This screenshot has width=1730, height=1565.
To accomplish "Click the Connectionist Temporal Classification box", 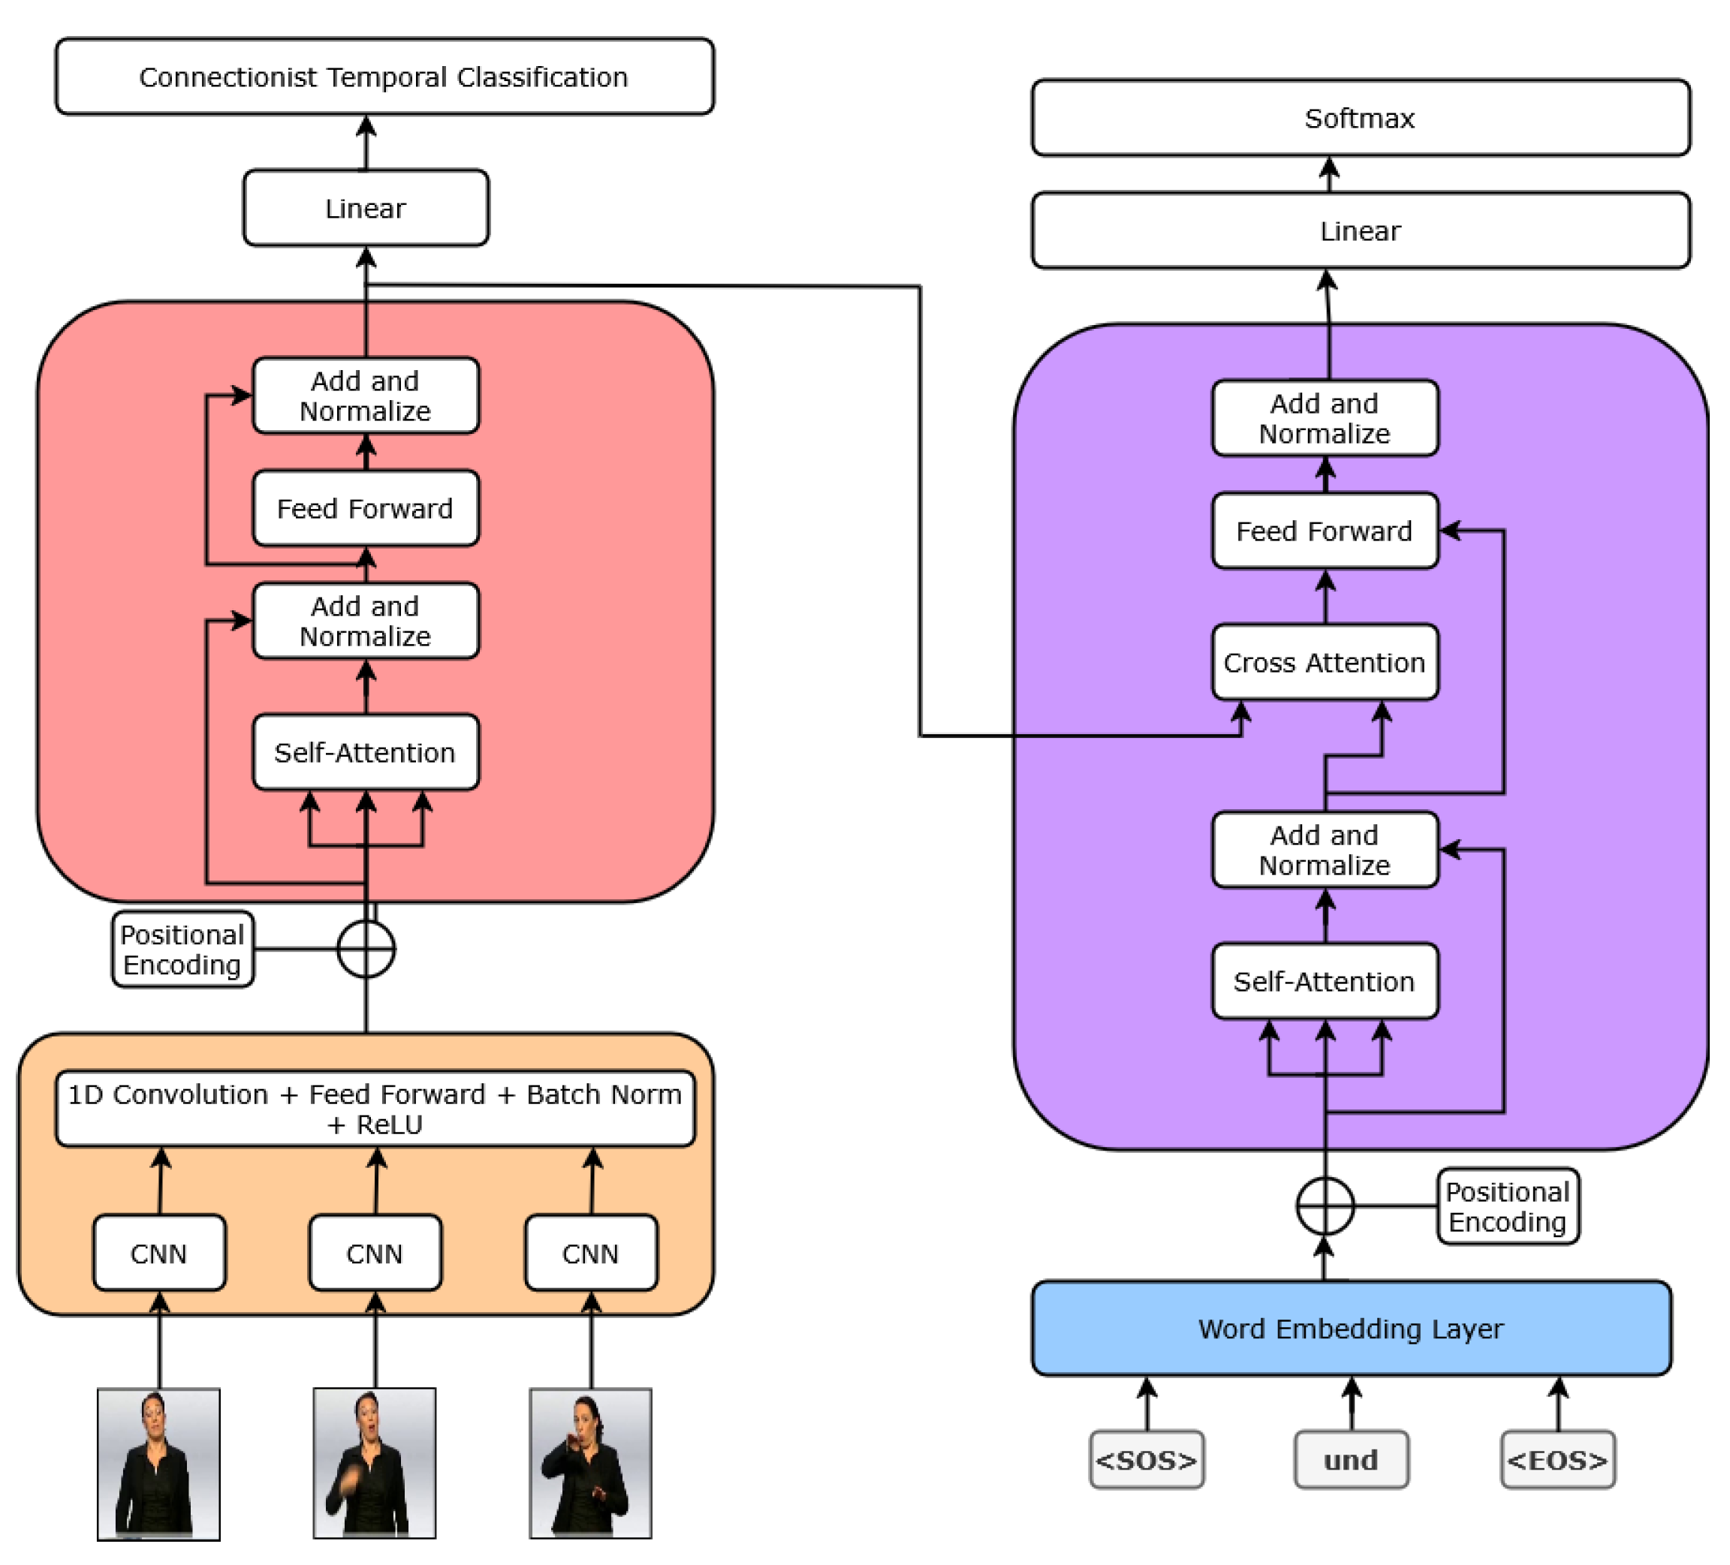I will pos(384,77).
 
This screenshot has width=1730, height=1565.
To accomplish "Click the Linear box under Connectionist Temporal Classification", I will pos(366,209).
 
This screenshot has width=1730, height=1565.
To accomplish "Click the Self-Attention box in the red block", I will pos(366,752).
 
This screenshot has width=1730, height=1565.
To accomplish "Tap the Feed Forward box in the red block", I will pos(366,509).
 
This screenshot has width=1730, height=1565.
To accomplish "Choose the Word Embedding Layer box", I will pos(1352,1329).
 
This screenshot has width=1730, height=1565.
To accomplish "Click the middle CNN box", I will pos(375,1254).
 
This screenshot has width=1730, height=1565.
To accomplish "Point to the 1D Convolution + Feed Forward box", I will pos(375,1109).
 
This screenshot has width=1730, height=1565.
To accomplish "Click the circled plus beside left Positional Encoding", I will pos(366,949).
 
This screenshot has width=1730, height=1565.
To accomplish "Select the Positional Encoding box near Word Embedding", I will pos(1508,1206).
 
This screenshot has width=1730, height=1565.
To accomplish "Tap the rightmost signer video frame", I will pos(590,1464).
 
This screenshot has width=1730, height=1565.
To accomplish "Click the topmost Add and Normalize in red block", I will pos(366,396).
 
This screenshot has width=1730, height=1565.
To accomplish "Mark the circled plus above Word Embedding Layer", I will pos(1325,1206).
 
